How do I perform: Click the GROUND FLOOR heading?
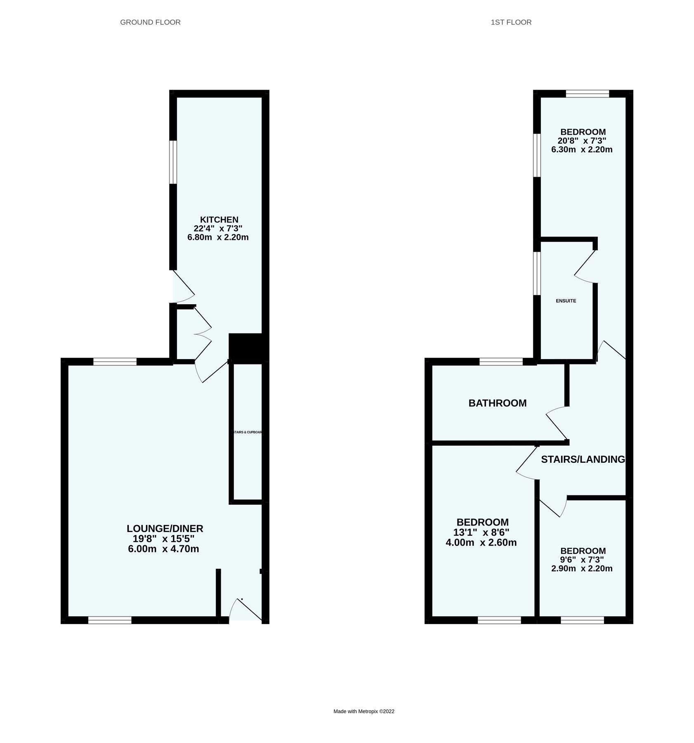click(150, 22)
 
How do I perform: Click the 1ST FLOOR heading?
click(511, 22)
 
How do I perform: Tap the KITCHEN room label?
click(219, 220)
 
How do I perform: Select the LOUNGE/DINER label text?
click(165, 528)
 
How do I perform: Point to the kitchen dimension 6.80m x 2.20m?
click(218, 237)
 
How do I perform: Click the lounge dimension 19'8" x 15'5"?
click(164, 539)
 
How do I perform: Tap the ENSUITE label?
click(566, 301)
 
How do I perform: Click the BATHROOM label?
click(497, 403)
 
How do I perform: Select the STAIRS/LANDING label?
click(583, 459)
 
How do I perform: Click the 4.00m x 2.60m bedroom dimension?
click(481, 542)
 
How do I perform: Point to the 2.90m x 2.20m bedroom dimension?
click(582, 568)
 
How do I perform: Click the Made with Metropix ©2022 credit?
click(364, 711)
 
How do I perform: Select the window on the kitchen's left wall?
click(173, 162)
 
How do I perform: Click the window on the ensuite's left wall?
click(537, 273)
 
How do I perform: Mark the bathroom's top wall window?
click(501, 362)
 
